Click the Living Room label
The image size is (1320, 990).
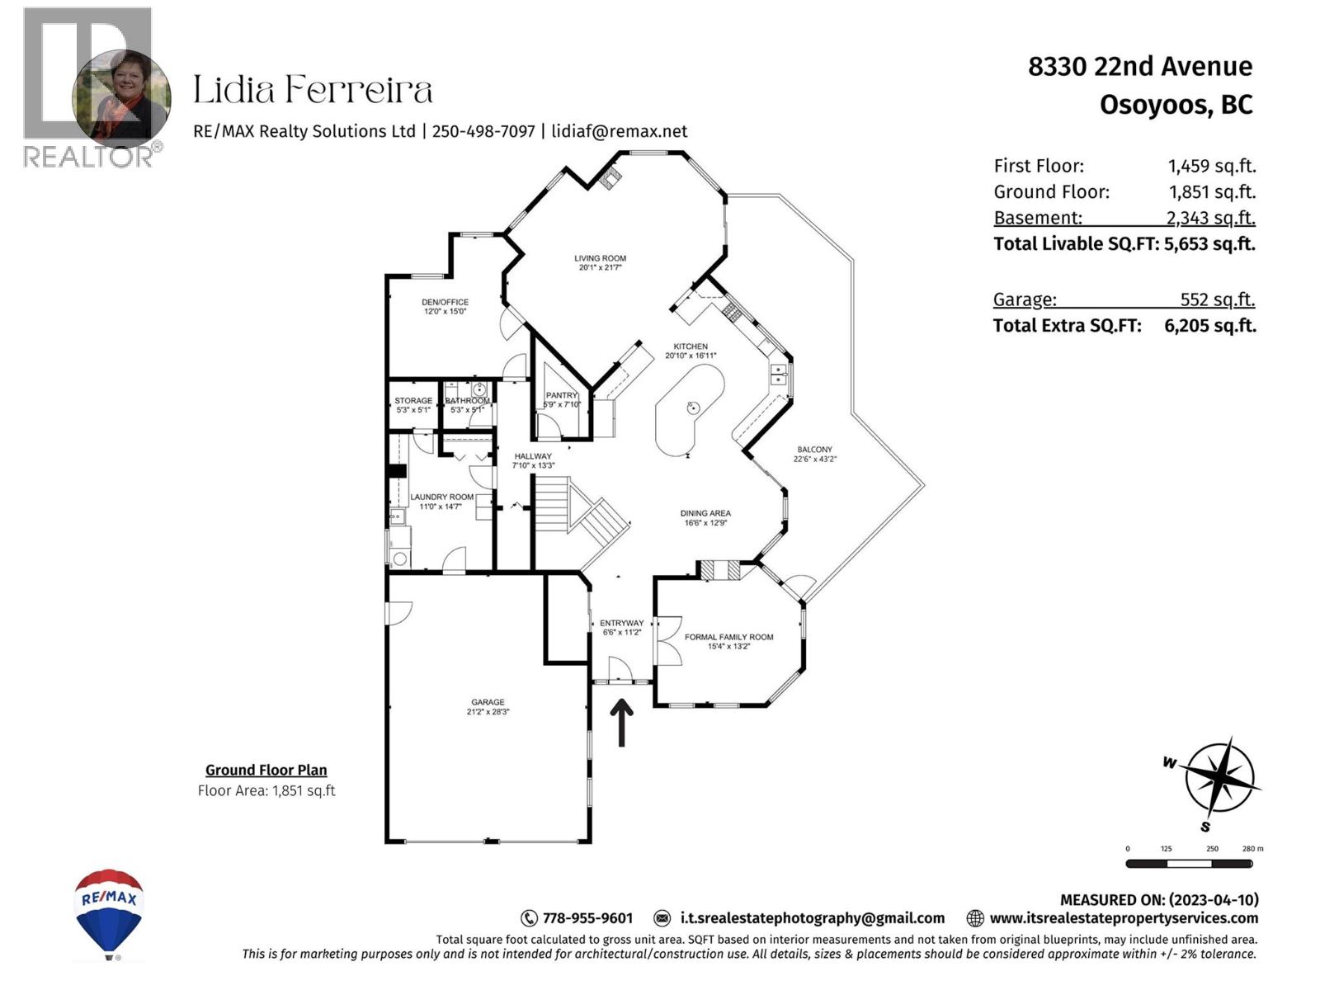(600, 258)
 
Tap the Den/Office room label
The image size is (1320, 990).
(445, 302)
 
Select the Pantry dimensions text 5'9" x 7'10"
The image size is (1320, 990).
(562, 404)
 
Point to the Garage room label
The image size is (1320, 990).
(488, 702)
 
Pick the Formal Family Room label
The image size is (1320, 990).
(728, 637)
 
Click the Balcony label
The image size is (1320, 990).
(814, 450)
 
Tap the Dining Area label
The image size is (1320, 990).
(705, 513)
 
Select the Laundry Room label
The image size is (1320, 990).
(441, 497)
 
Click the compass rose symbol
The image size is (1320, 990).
(1219, 778)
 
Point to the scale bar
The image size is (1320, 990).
(1189, 864)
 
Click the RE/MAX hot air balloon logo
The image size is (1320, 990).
(109, 912)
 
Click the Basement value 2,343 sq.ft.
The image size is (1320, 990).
(1210, 218)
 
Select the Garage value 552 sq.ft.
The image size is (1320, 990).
(1217, 299)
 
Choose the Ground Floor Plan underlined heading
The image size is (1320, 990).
(266, 770)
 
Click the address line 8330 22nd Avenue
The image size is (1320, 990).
(1139, 66)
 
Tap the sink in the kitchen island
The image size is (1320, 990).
(693, 407)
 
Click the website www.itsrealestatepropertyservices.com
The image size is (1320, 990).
(1123, 918)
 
